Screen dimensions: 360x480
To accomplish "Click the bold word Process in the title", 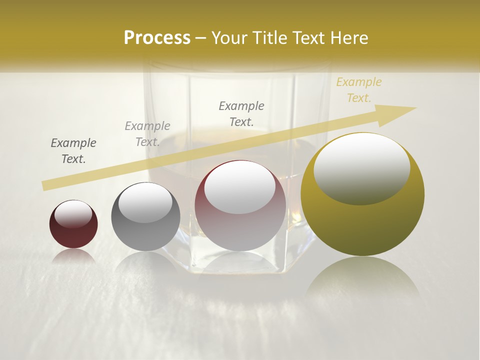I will point(157,38).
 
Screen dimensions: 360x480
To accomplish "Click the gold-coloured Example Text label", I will point(358,90).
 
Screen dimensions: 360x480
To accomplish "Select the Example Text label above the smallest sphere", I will point(73,151).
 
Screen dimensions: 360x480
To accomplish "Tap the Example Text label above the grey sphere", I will point(147,134).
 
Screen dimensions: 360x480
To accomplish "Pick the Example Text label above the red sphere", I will point(241,113).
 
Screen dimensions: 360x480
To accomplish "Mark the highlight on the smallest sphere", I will point(73,214).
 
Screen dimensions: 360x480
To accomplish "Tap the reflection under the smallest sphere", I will point(73,256).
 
